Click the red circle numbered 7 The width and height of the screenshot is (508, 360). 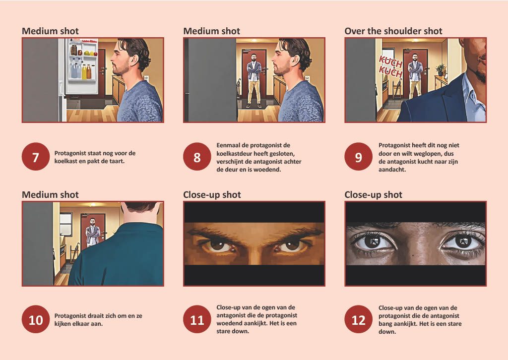(x=36, y=157)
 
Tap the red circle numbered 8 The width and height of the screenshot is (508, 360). (x=197, y=157)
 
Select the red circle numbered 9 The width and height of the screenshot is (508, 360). (x=358, y=157)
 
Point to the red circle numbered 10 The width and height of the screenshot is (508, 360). (x=36, y=319)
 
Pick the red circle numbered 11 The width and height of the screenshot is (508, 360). (x=197, y=319)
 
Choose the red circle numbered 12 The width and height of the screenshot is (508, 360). (x=358, y=319)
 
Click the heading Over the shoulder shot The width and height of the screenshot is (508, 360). (x=393, y=31)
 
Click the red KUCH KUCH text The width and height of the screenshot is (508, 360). (x=390, y=66)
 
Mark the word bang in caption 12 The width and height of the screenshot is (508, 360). (x=385, y=324)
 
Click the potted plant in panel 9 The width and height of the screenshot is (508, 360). (x=441, y=69)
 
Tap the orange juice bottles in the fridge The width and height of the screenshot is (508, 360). (x=86, y=71)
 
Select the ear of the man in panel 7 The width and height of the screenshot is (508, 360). (x=132, y=60)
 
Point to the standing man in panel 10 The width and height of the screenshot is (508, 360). (x=93, y=232)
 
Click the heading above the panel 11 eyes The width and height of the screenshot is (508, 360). (x=212, y=194)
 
